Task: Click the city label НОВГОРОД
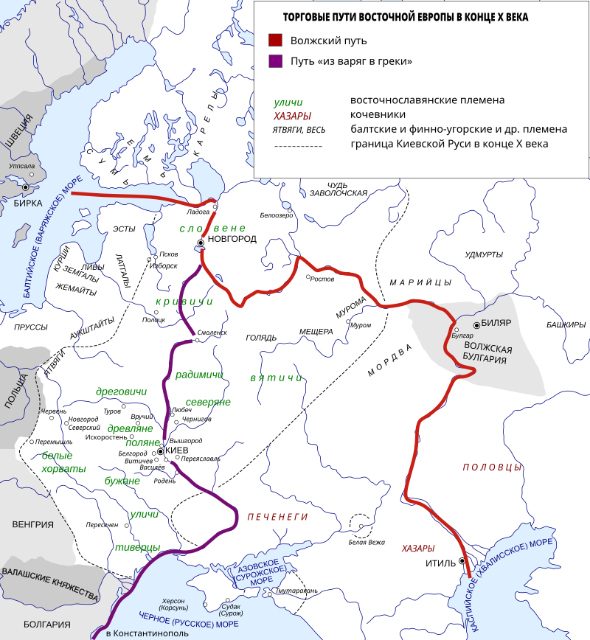(232, 240)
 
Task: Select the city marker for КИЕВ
(160, 451)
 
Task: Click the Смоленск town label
(212, 333)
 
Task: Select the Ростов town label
(322, 279)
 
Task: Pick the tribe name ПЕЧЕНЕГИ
(277, 518)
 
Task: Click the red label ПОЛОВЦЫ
(492, 467)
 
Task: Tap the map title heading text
(406, 17)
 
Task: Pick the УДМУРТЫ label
(484, 254)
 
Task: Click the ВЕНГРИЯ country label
(33, 525)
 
